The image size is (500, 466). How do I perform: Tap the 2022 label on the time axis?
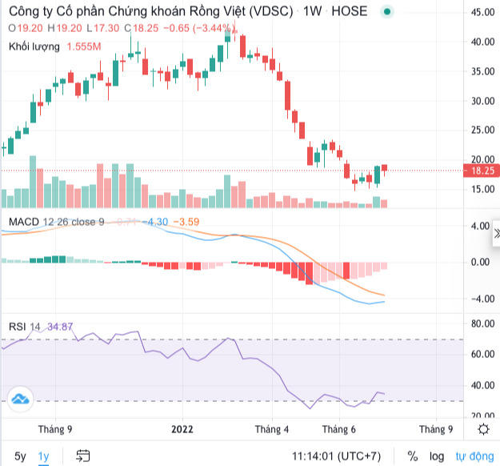[x=183, y=429]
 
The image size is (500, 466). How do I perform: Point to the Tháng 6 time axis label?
[x=339, y=429]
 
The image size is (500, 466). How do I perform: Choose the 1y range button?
[x=44, y=456]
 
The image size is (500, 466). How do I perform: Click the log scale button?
[x=437, y=456]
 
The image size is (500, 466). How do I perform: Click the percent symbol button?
[x=412, y=456]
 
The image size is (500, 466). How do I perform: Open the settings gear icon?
[x=483, y=429]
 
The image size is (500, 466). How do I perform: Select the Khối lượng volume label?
[x=34, y=46]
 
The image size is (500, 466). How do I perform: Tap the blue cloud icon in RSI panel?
[x=19, y=398]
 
